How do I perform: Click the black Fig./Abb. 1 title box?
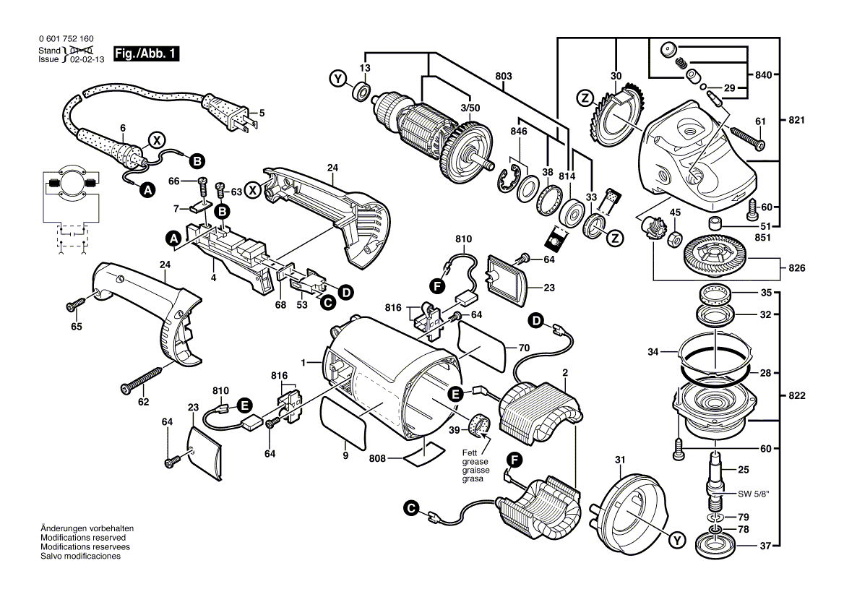tap(145, 53)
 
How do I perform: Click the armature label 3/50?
tap(470, 108)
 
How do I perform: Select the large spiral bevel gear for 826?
tap(715, 257)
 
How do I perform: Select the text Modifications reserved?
tap(83, 538)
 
